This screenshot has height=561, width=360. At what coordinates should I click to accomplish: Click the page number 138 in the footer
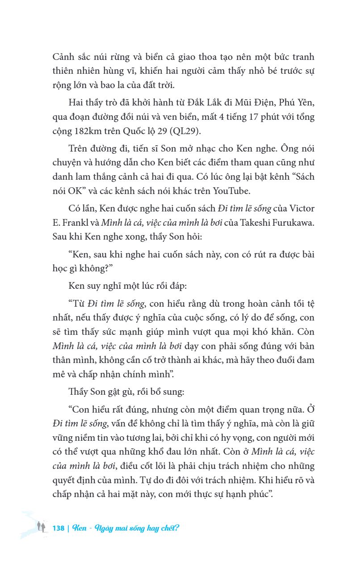pos(59,528)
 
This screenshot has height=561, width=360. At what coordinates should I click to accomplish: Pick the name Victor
pos(302,209)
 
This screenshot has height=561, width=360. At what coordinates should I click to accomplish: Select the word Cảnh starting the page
pos(64,57)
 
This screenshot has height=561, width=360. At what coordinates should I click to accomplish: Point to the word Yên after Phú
pos(305,104)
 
